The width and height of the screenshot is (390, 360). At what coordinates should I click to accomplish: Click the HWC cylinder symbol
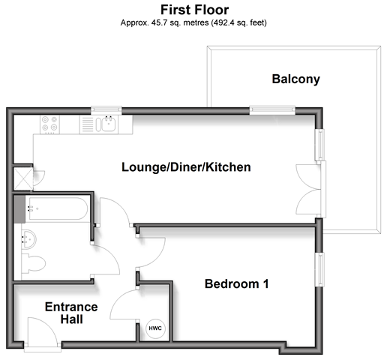point(155,328)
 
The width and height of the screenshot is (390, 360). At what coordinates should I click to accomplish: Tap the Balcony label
point(295,79)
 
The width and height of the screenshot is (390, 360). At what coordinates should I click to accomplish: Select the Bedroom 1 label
point(237,283)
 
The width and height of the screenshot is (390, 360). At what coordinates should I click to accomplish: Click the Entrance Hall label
point(71,313)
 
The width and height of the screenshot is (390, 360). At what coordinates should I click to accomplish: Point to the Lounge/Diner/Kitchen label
point(186,167)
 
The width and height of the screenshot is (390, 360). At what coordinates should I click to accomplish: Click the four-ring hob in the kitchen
point(49,124)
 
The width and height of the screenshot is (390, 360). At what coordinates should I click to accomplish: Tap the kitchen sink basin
point(108,124)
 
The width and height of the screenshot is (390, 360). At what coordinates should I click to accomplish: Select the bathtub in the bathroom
point(57,209)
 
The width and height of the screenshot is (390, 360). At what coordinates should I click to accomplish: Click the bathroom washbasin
point(28,239)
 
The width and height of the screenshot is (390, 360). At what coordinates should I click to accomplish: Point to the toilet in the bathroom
point(34,263)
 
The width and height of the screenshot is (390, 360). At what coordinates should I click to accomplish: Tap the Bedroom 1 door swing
point(151,253)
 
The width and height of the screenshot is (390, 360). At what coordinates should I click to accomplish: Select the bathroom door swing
point(106,259)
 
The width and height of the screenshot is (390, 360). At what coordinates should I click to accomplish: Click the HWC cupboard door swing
point(124,304)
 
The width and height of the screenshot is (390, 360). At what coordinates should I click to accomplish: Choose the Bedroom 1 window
point(319,269)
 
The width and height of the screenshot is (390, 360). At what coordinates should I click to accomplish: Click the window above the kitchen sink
point(106,110)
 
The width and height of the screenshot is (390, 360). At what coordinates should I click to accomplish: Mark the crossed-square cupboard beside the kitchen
point(23,178)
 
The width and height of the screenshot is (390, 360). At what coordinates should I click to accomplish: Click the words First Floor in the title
point(194,10)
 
